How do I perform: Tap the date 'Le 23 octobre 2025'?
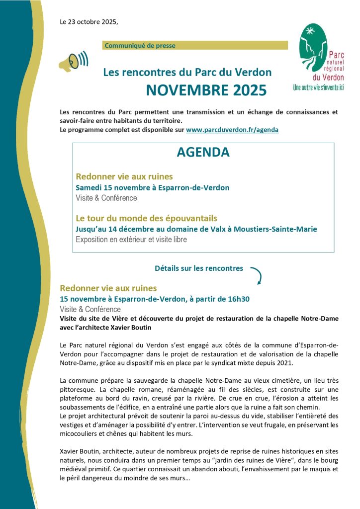click(89, 22)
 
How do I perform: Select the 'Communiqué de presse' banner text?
click(140, 46)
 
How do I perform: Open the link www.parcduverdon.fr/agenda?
click(232, 129)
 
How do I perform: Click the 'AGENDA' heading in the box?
click(203, 153)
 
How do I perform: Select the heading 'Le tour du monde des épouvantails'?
click(146, 218)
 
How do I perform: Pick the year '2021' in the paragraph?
click(291, 362)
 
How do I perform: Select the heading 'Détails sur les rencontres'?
click(198, 268)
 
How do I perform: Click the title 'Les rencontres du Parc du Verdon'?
click(187, 72)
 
